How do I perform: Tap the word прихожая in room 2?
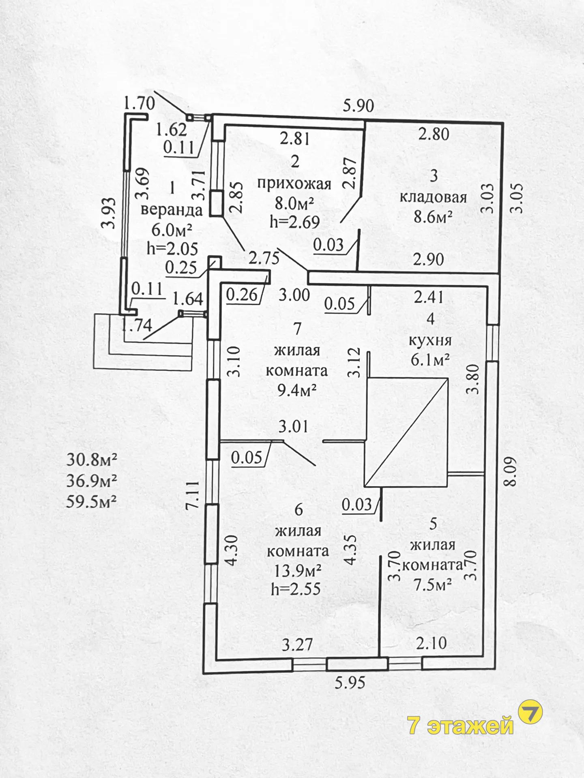coord(294,184)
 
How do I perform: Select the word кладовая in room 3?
coord(433,197)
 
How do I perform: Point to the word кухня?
coord(430,340)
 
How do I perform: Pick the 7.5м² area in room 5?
coord(433,585)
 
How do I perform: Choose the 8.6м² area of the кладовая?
coord(433,218)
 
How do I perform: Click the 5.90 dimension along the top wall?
coord(358,106)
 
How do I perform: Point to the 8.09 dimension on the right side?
coord(510,471)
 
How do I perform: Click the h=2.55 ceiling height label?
coord(296,588)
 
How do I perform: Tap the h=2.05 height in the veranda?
coord(172,248)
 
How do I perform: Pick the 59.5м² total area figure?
coord(92,502)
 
